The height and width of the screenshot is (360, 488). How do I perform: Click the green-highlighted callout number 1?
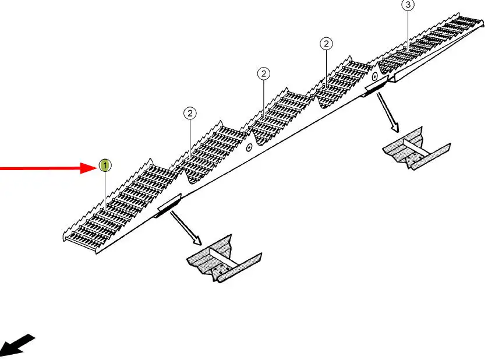tap(105, 166)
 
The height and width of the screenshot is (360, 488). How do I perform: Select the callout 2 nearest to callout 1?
tap(190, 113)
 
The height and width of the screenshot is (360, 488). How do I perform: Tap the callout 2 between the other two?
tap(264, 74)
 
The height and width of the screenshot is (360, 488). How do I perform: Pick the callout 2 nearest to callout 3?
tap(326, 44)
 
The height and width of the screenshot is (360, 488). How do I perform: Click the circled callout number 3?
tap(408, 5)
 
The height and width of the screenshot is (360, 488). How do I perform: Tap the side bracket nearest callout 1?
tap(168, 206)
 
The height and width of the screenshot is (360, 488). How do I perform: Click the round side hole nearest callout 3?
tap(374, 76)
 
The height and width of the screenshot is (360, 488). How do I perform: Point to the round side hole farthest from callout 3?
tap(249, 147)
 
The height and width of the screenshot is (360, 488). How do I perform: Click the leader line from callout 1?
tap(105, 192)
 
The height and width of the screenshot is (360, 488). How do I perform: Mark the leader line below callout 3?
tap(408, 26)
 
